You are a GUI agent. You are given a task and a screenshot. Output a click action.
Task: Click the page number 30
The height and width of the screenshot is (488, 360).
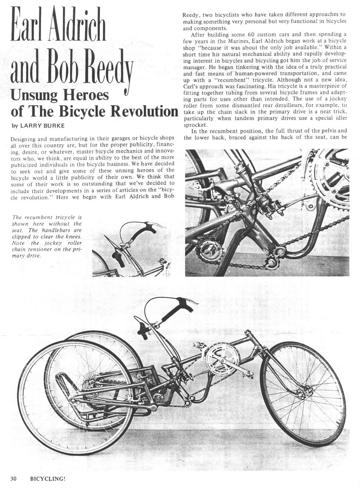[x=13, y=478]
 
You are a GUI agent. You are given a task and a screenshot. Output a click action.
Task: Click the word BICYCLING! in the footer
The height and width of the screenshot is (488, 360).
[x=47, y=478]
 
